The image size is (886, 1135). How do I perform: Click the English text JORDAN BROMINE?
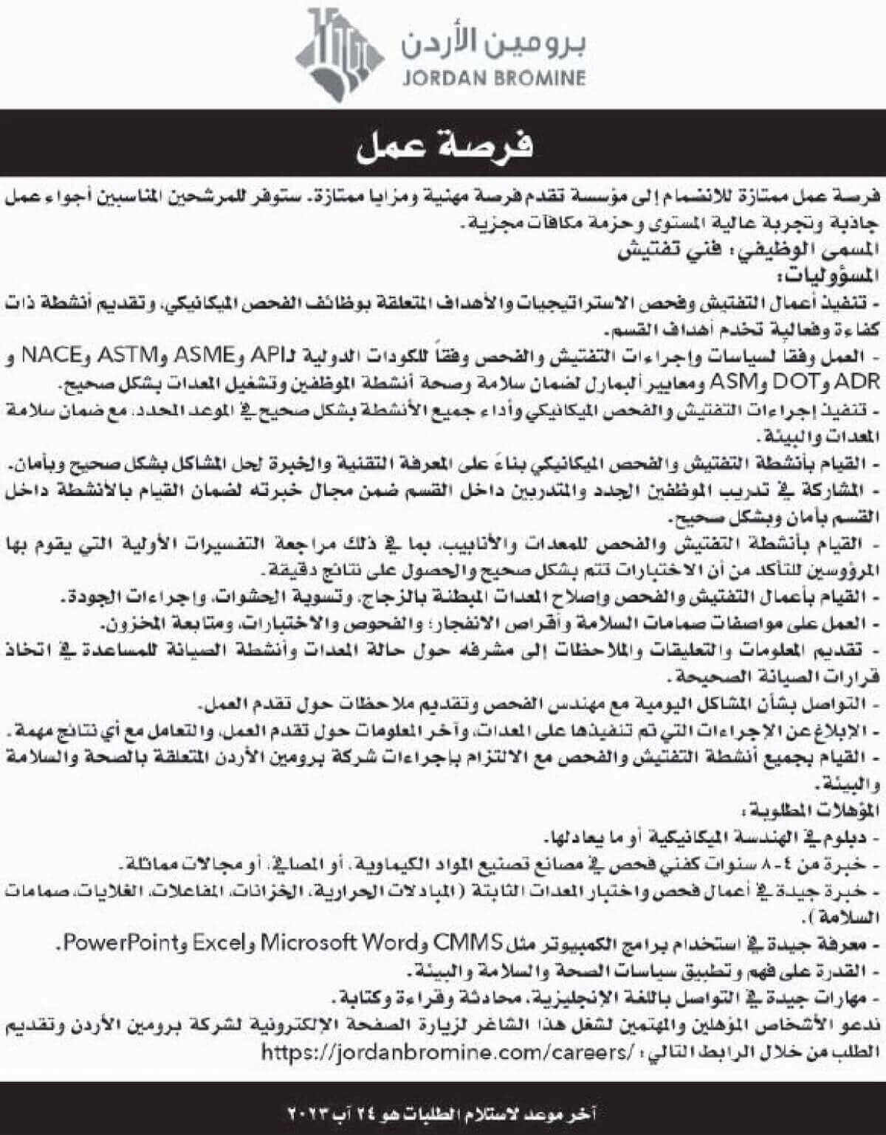click(494, 77)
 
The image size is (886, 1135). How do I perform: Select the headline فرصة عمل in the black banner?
click(444, 147)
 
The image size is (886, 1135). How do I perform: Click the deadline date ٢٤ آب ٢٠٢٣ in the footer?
click(325, 1111)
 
